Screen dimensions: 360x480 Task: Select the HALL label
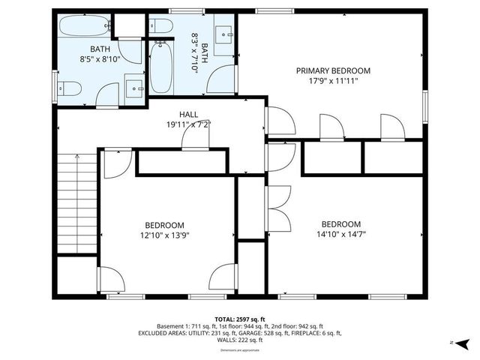pos(188,114)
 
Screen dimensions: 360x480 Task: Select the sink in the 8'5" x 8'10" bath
pos(134,87)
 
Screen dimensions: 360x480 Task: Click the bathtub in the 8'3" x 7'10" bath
pos(160,68)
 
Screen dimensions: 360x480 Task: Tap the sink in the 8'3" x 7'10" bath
pos(226,33)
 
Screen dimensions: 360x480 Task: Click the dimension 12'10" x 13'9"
pos(164,235)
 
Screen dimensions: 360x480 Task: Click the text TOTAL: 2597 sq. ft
pos(239,319)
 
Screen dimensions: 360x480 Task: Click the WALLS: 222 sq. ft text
pos(239,340)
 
